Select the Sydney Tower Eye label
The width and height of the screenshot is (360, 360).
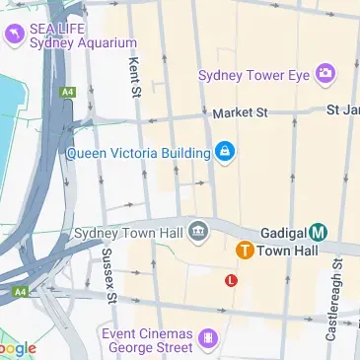253,75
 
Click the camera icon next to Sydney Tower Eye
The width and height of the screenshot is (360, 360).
324,74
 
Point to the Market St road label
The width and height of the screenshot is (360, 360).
240,113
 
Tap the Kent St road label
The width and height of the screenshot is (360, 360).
134,77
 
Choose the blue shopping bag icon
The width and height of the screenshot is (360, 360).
226,153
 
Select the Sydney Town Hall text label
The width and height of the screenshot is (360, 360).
129,233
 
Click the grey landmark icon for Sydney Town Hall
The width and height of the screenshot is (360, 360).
199,232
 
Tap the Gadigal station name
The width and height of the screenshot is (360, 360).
282,233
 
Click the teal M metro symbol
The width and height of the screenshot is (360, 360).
318,233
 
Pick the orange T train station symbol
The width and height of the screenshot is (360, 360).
243,252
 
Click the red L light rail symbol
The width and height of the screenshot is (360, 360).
232,280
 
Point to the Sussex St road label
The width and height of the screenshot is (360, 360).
109,275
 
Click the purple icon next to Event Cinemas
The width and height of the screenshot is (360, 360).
207,340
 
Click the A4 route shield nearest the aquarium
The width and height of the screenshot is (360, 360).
68,92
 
